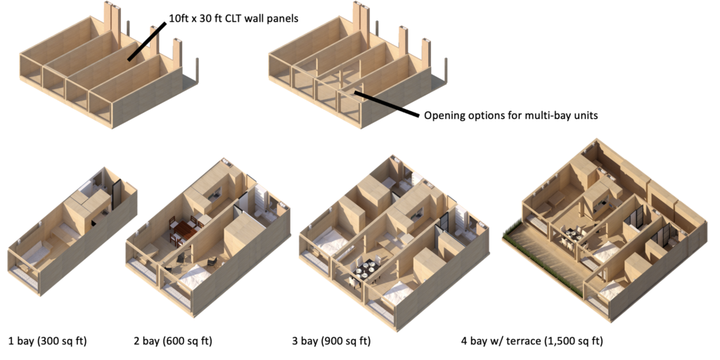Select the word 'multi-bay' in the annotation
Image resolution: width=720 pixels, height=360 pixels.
pyautogui.click(x=548, y=115)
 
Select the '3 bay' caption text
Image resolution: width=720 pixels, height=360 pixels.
pyautogui.click(x=305, y=342)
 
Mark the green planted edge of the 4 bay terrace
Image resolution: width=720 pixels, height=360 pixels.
pyautogui.click(x=537, y=261)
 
